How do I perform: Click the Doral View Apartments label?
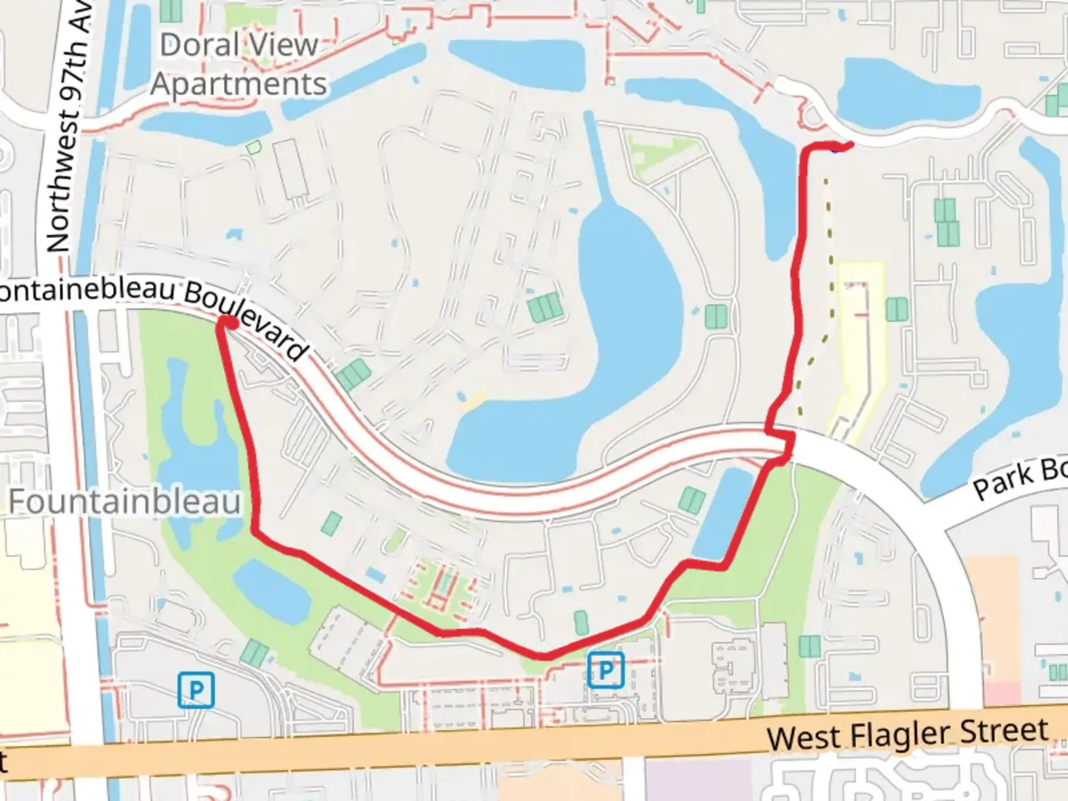(x=239, y=65)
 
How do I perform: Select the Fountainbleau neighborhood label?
(x=125, y=502)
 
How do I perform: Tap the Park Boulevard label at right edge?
(x=1020, y=479)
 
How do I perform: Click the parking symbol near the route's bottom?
(x=606, y=670)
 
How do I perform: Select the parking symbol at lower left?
(x=197, y=690)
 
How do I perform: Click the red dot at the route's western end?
(x=231, y=323)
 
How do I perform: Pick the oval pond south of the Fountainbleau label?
(x=271, y=590)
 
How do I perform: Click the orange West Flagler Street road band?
(x=519, y=749)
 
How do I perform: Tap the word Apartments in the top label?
(x=239, y=85)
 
